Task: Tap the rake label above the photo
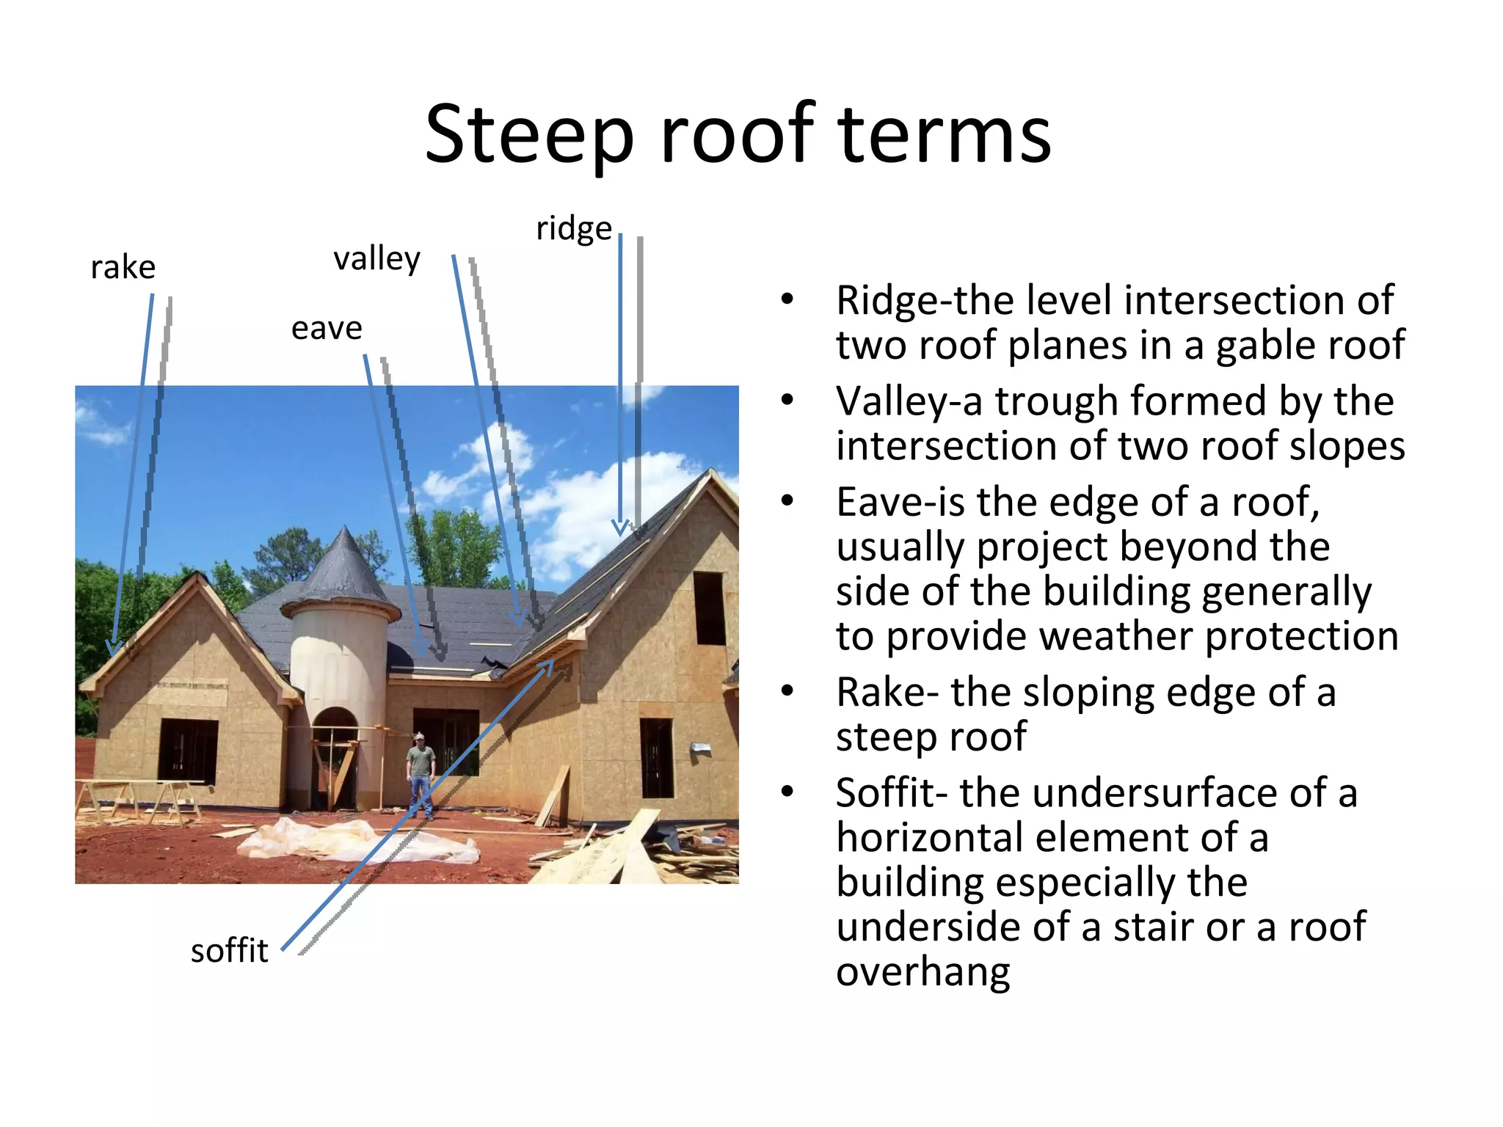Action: [123, 268]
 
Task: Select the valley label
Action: [376, 258]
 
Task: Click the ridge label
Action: [573, 228]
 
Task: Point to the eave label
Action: [327, 328]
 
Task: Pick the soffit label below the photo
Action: [229, 951]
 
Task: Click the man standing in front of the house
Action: [421, 774]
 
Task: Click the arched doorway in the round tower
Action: [335, 756]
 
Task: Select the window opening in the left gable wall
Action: [188, 752]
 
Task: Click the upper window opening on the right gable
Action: [709, 608]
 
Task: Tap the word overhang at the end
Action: [922, 972]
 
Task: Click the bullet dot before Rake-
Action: [787, 691]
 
